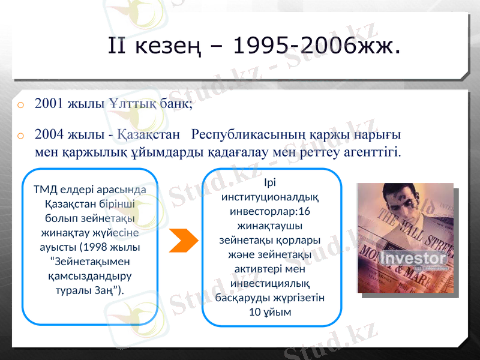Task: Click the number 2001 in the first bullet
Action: point(47,103)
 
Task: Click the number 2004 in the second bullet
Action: point(47,133)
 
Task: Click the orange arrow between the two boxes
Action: point(184,240)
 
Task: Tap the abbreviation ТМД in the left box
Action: point(46,190)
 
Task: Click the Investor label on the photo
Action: point(414,259)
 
